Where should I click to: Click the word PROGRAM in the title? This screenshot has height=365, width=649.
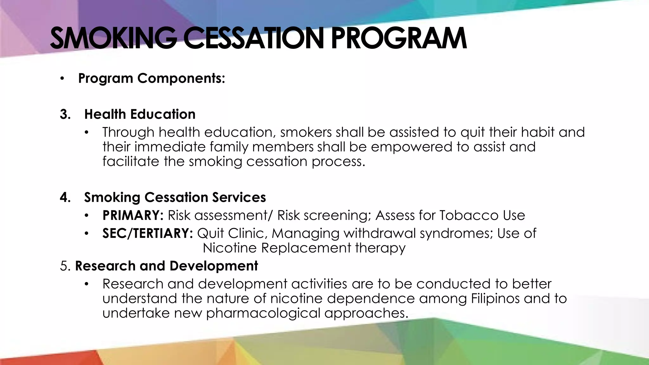pyautogui.click(x=399, y=39)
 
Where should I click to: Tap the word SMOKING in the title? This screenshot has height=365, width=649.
pyautogui.click(x=113, y=39)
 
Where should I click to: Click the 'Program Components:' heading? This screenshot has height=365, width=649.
pyautogui.click(x=151, y=78)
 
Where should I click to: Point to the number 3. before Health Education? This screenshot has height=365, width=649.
pyautogui.click(x=65, y=114)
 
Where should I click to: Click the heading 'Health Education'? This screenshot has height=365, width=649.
pyautogui.click(x=140, y=114)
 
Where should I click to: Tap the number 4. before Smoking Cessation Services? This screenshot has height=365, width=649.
pyautogui.click(x=65, y=197)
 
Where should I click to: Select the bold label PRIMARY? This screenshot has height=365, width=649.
pyautogui.click(x=133, y=215)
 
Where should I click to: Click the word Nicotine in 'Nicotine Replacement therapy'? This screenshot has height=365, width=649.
pyautogui.click(x=229, y=248)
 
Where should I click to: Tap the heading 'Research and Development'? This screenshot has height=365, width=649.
pyautogui.click(x=166, y=266)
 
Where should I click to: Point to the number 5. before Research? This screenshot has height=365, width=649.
pyautogui.click(x=65, y=266)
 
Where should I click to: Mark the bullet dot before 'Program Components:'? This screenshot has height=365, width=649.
pyautogui.click(x=62, y=79)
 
